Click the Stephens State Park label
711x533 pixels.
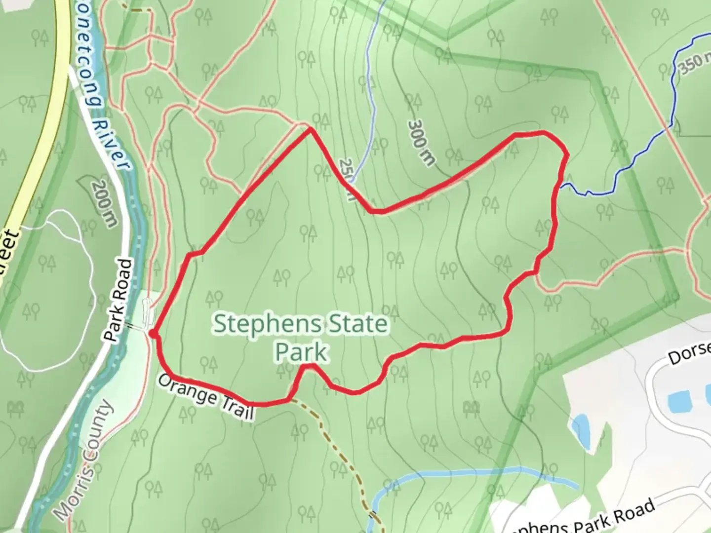point(301,338)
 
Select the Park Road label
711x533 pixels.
point(119,301)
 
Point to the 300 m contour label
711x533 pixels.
point(422,143)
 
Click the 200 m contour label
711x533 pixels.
point(105,203)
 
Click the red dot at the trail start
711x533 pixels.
point(153,334)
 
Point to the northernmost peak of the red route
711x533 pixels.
point(310,129)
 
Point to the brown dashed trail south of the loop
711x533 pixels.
point(341,454)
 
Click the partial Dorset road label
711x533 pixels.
point(690,352)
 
